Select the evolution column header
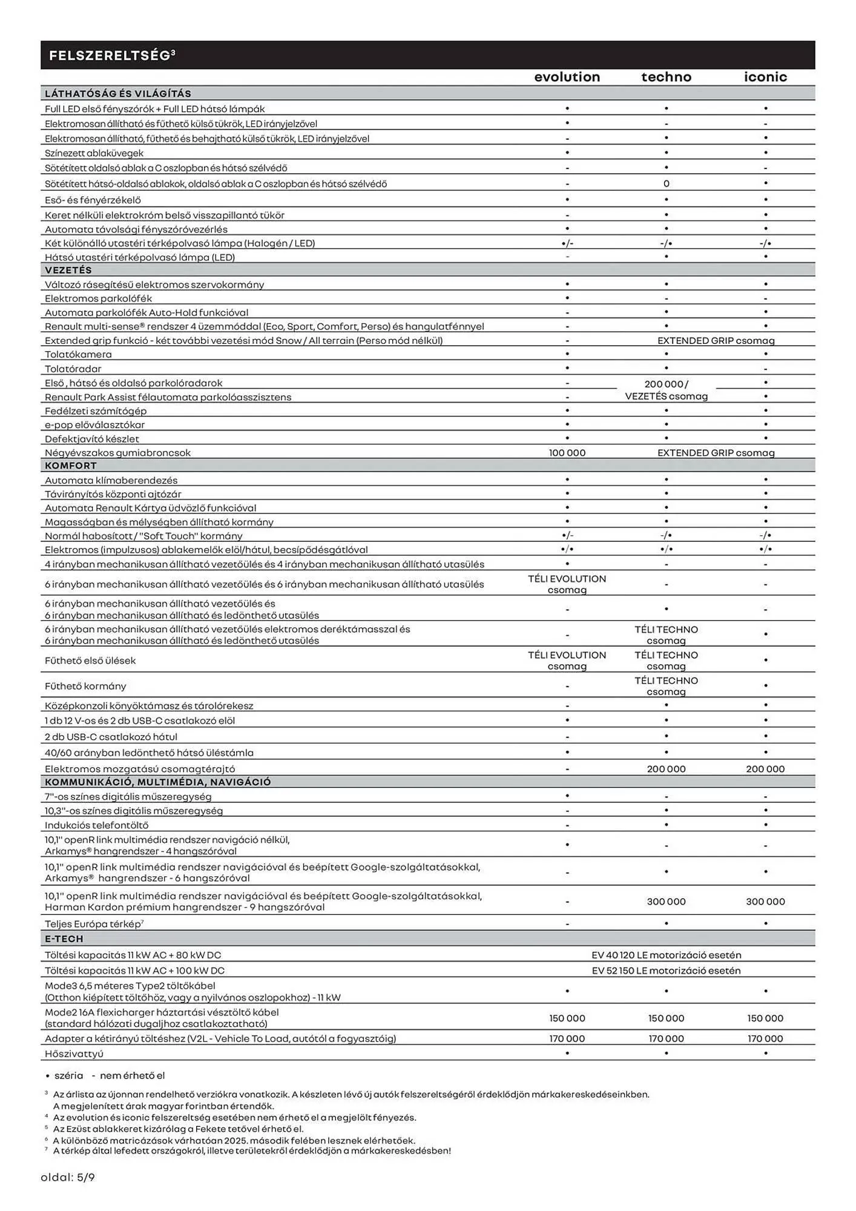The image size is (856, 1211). (x=567, y=77)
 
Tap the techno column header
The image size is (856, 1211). (x=666, y=77)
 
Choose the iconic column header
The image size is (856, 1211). (x=765, y=77)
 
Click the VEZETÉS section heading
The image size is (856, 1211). (x=68, y=270)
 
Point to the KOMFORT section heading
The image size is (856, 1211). (x=71, y=466)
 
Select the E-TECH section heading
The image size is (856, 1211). (x=64, y=939)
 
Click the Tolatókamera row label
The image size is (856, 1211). (x=78, y=354)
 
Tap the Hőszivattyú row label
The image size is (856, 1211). (x=74, y=1054)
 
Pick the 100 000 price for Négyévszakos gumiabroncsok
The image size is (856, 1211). (x=567, y=453)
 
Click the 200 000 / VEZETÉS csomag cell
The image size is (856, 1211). (x=666, y=390)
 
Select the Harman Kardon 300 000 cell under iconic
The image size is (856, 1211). (x=765, y=902)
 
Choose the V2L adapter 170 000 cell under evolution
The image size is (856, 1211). (x=567, y=1038)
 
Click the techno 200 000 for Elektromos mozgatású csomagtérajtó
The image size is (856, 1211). (x=666, y=769)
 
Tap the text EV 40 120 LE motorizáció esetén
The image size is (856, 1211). (x=666, y=955)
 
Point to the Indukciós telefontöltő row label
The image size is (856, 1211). (x=96, y=825)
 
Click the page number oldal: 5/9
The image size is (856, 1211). (x=68, y=1178)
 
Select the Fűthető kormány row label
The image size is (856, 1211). (x=85, y=686)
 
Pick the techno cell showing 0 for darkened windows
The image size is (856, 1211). (x=666, y=183)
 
